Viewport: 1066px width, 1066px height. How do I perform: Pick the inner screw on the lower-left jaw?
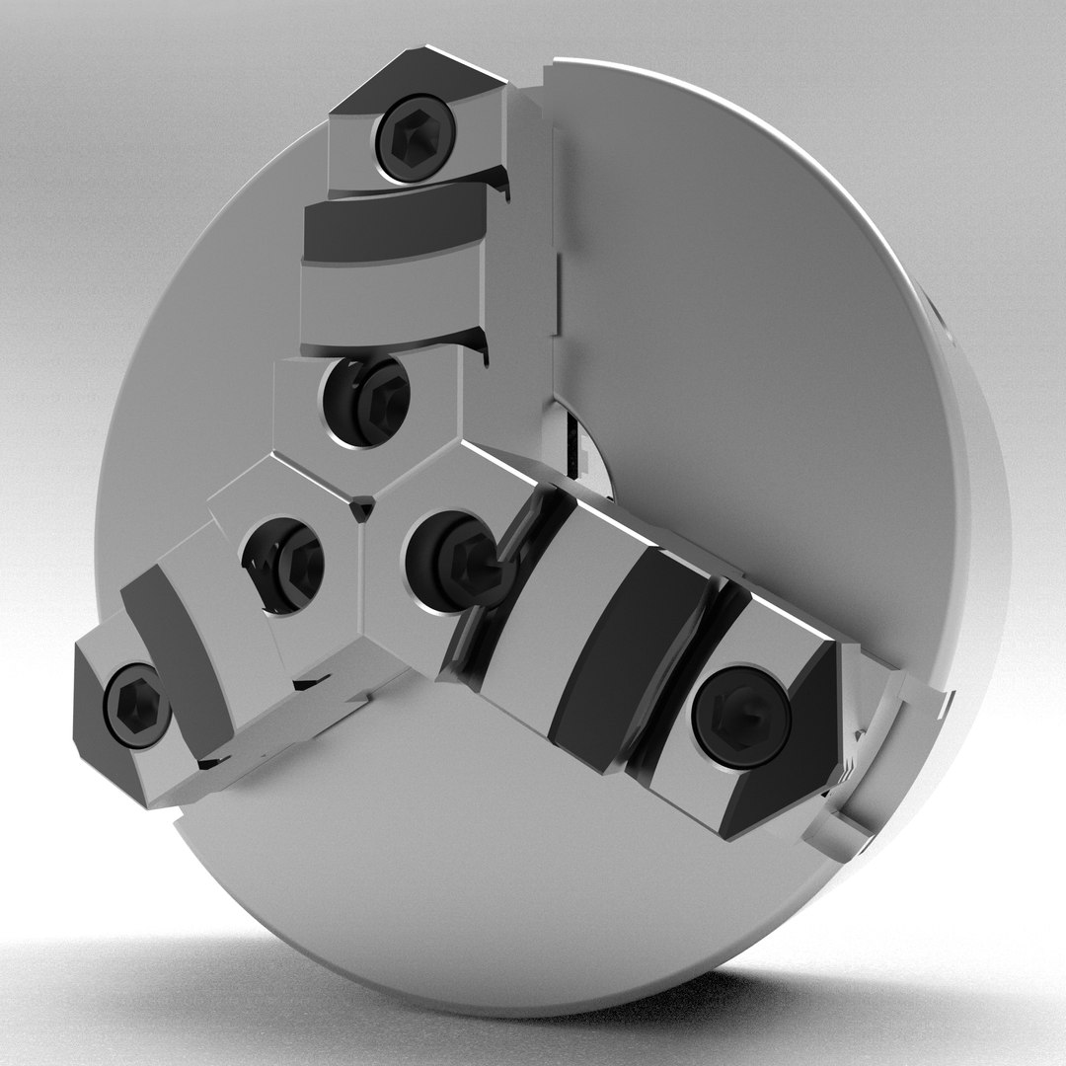[286, 564]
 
